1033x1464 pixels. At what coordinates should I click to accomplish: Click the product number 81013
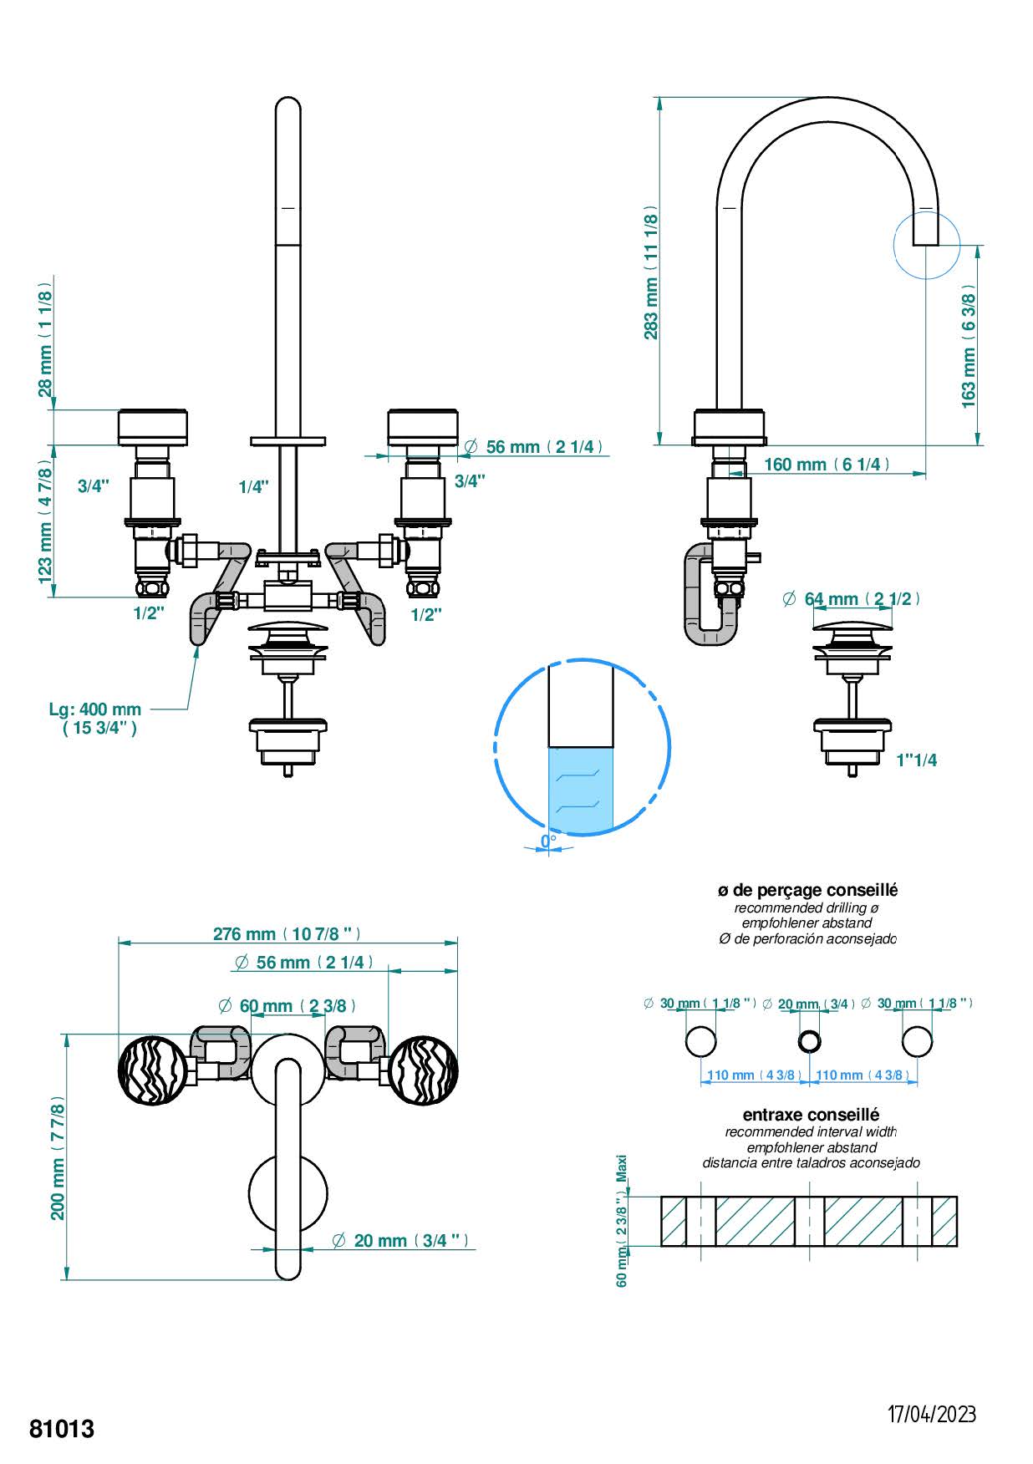(x=62, y=1429)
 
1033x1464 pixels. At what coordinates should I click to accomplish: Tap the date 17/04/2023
(x=931, y=1414)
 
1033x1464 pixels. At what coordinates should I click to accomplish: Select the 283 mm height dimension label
(x=651, y=272)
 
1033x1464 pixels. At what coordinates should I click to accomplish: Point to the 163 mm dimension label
(x=969, y=346)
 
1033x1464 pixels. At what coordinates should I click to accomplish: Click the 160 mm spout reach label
(x=827, y=465)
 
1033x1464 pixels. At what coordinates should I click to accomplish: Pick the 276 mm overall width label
(x=287, y=934)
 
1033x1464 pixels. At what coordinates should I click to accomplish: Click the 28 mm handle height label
(x=45, y=338)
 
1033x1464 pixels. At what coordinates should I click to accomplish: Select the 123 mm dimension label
(x=45, y=523)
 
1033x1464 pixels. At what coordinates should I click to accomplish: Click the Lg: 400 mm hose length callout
(x=95, y=718)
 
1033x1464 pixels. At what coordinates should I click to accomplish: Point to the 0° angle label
(x=548, y=841)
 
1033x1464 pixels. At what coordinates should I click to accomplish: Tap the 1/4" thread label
(x=253, y=486)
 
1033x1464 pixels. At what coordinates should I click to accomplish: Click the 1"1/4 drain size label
(x=916, y=760)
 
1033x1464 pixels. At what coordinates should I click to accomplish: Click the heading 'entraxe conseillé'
(x=811, y=1115)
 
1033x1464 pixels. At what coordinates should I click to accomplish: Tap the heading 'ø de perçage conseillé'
(x=807, y=890)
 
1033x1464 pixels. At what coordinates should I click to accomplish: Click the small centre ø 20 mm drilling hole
(x=809, y=1041)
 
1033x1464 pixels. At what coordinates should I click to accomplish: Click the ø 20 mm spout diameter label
(x=400, y=1240)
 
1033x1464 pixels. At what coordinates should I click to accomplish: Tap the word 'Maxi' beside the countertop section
(x=621, y=1168)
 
